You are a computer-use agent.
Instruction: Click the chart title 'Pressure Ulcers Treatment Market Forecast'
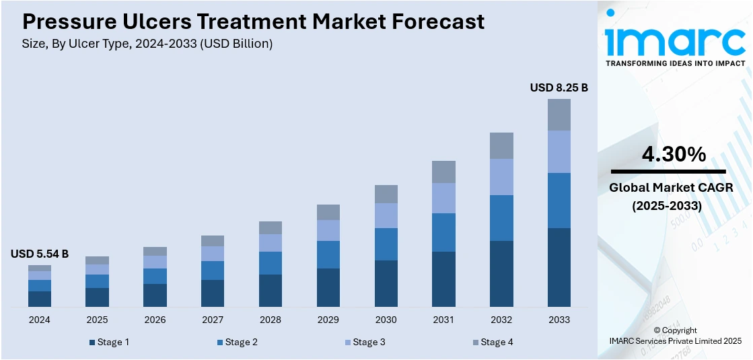253,22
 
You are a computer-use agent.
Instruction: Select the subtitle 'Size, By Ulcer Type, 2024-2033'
147,44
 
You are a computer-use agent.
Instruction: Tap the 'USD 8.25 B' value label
559,87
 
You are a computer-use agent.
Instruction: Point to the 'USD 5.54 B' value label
40,254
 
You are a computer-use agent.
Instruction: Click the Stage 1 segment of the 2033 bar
559,267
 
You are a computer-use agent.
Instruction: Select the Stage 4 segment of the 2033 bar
559,114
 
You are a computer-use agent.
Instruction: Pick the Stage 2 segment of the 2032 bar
501,218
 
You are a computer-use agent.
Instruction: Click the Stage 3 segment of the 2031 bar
443,198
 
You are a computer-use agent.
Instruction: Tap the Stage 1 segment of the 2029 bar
328,287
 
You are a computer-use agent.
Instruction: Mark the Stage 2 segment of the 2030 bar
386,244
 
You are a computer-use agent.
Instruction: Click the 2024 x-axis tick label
40,320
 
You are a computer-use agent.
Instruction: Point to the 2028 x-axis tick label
271,320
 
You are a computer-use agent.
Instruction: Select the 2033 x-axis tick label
559,320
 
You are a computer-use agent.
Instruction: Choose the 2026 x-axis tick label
155,320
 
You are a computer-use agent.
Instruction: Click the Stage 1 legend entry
109,343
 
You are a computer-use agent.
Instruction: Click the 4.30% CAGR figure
674,155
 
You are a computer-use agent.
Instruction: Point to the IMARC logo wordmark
675,42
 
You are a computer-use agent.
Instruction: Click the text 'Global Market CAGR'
671,188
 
